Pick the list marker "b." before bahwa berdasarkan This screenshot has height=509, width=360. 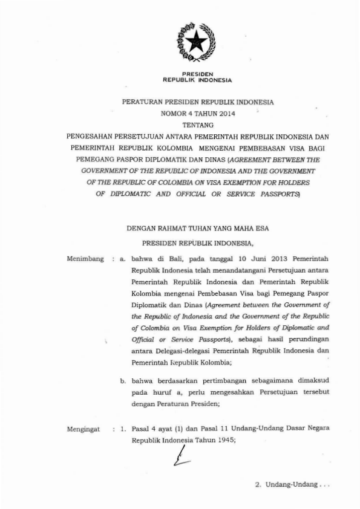point(123,381)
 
